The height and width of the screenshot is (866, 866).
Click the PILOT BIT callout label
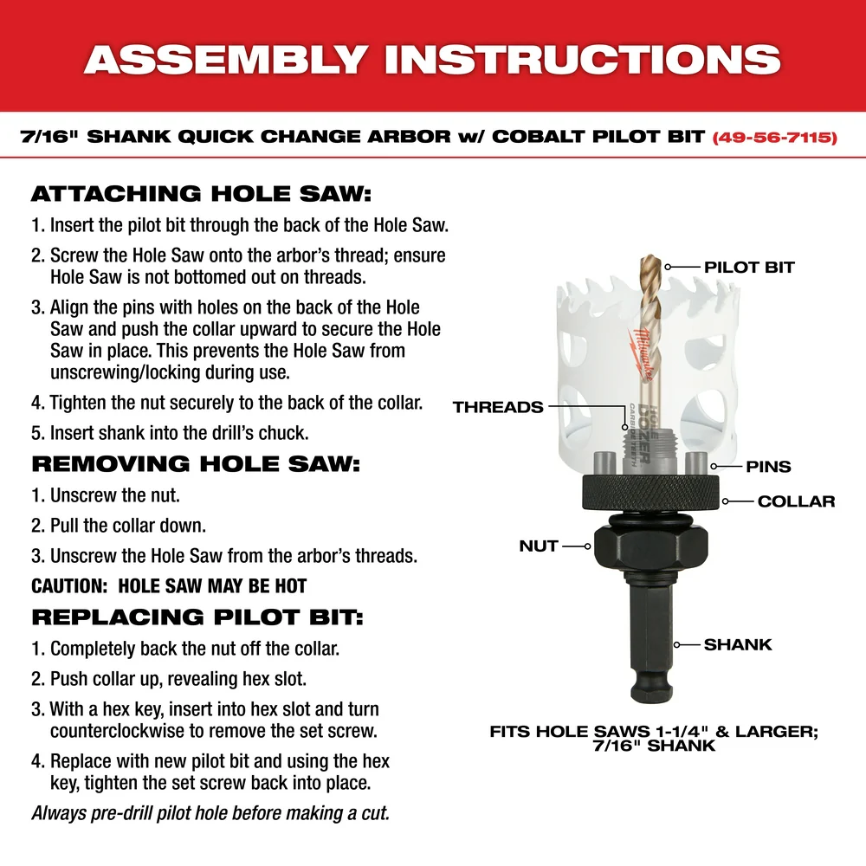click(x=748, y=267)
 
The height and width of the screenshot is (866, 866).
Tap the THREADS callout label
click(x=498, y=406)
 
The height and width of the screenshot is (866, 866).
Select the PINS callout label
click(x=768, y=467)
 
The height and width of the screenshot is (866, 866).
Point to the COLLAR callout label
click(x=796, y=501)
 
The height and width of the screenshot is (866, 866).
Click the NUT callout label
click(x=539, y=546)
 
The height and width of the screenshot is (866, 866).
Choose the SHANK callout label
click(x=738, y=644)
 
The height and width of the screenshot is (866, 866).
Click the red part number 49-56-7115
click(x=774, y=138)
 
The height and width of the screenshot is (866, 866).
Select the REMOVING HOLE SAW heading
click(x=195, y=463)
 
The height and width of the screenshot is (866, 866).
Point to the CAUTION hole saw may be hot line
click(x=169, y=586)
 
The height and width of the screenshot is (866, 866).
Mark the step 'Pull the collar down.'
click(x=127, y=526)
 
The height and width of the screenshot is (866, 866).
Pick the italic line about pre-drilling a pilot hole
click(x=210, y=813)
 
